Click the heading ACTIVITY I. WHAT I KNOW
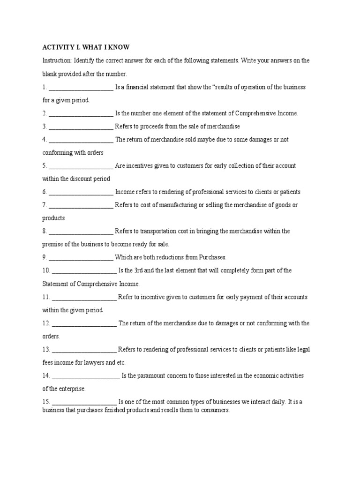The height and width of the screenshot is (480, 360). click(86, 47)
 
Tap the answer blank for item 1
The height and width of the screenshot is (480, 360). click(81, 88)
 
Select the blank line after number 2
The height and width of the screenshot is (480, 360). click(81, 114)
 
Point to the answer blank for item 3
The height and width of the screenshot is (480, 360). click(81, 127)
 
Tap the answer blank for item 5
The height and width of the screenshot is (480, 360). click(81, 166)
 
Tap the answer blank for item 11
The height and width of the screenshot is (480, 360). click(84, 298)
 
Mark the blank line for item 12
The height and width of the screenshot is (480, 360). click(84, 324)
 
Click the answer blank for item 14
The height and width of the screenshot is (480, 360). click(86, 376)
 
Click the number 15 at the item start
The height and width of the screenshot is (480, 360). click(46, 402)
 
